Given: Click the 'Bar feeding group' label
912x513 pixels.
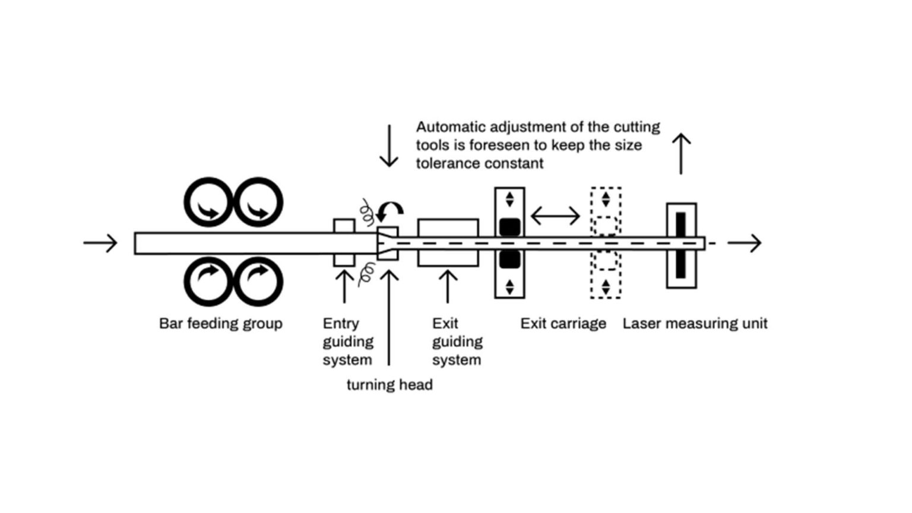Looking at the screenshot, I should pyautogui.click(x=220, y=324).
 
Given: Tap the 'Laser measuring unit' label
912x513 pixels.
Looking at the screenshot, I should pyautogui.click(x=695, y=324).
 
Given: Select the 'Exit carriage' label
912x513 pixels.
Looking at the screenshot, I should pyautogui.click(x=563, y=324).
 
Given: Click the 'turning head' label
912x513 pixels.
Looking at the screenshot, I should pyautogui.click(x=389, y=385).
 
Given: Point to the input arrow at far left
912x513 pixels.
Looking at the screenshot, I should pyautogui.click(x=100, y=243).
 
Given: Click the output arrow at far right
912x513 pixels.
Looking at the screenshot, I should pyautogui.click(x=745, y=243).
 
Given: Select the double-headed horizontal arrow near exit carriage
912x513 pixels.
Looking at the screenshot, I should pyautogui.click(x=555, y=216).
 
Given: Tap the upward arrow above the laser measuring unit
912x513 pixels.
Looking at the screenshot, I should pyautogui.click(x=681, y=154).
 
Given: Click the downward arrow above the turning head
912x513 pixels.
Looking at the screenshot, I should pyautogui.click(x=389, y=146).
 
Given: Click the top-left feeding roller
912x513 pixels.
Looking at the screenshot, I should pyautogui.click(x=208, y=202).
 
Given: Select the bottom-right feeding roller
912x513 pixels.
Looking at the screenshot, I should pyautogui.click(x=258, y=281).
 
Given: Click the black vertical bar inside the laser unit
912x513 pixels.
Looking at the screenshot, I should pyautogui.click(x=680, y=245).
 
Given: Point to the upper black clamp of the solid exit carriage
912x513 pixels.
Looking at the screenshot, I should pyautogui.click(x=509, y=227).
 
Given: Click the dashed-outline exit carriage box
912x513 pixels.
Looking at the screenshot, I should pyautogui.click(x=606, y=243).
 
